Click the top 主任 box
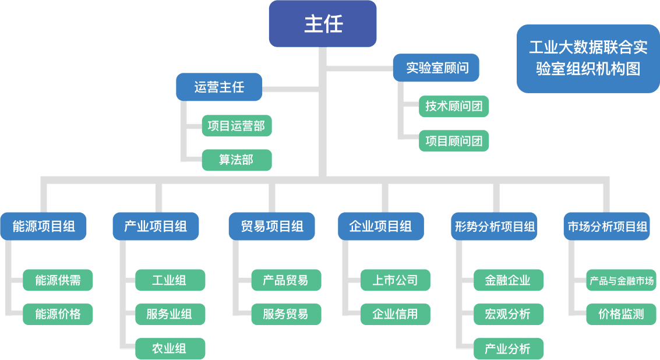tap(323, 24)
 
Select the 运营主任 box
tap(219, 87)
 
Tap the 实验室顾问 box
tap(437, 68)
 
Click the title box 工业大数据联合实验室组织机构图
tap(587, 58)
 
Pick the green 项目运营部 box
tap(237, 126)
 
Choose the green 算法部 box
tap(237, 160)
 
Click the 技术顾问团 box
tap(454, 107)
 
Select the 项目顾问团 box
tap(454, 141)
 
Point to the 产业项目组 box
tap(156, 226)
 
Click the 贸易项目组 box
tap(271, 226)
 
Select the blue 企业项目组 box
tap(380, 226)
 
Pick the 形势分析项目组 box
tap(494, 226)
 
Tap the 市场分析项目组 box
tap(607, 226)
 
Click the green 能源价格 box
tap(58, 315)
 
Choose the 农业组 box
tap(170, 348)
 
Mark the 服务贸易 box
tap(286, 315)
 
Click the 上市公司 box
tap(396, 280)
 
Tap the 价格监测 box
tap(622, 315)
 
